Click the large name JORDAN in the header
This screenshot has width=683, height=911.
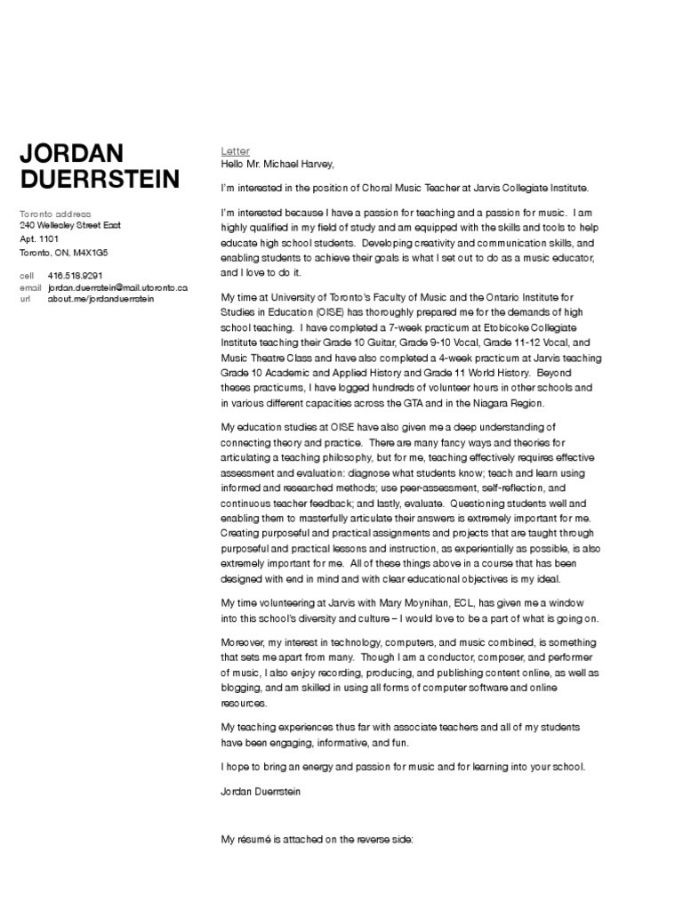72,153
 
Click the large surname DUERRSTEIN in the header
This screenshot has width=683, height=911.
100,179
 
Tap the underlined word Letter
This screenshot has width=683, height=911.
236,151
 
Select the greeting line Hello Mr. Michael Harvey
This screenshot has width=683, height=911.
277,164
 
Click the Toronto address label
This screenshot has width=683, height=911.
55,214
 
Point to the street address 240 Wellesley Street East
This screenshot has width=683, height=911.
70,226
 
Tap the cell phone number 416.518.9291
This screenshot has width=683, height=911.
76,276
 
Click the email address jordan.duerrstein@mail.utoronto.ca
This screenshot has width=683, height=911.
117,287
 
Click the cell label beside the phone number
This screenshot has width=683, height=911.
27,276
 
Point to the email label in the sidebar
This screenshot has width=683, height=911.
30,287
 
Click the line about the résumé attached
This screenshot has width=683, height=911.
317,839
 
